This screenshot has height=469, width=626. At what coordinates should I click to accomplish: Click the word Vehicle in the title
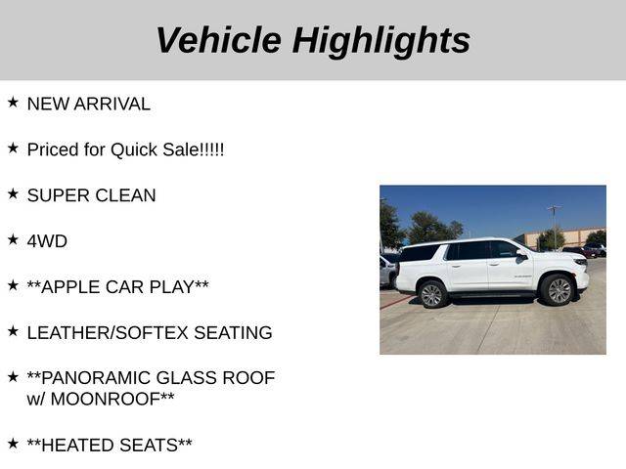(x=219, y=40)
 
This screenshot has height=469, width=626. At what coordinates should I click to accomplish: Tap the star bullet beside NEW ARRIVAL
(x=13, y=103)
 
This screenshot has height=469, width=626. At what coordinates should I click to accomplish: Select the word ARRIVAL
(x=112, y=105)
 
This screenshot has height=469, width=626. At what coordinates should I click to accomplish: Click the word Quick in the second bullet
(x=134, y=149)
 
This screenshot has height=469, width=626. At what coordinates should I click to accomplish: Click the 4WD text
(x=47, y=241)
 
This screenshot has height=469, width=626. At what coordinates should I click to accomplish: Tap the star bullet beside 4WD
(x=13, y=239)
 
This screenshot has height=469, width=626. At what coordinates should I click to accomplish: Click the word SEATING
(x=233, y=332)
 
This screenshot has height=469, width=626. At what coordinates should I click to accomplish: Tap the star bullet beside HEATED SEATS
(x=13, y=443)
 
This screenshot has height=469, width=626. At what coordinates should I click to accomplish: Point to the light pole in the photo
(x=555, y=228)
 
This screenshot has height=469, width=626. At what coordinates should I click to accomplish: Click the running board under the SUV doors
(x=492, y=295)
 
